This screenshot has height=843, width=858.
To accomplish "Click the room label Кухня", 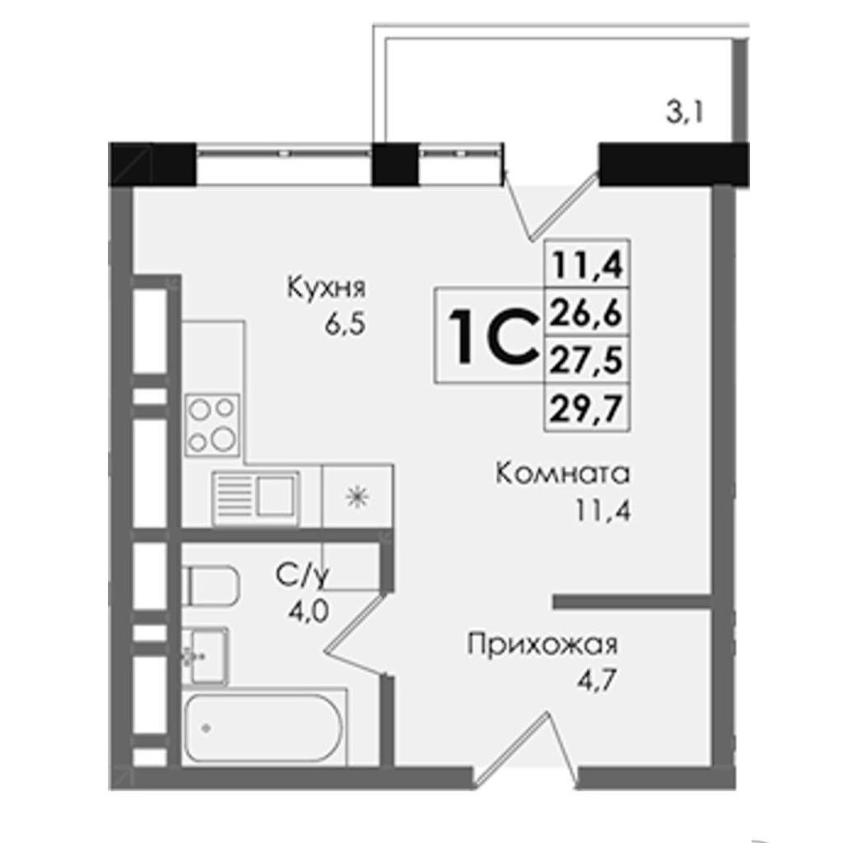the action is pyautogui.click(x=326, y=288).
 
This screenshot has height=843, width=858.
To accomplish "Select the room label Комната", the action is pyautogui.click(x=563, y=473).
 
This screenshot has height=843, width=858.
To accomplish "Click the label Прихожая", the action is pyautogui.click(x=543, y=645).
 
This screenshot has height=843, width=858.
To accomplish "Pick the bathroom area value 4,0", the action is pyautogui.click(x=309, y=612).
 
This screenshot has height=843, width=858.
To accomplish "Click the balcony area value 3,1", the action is pyautogui.click(x=684, y=114).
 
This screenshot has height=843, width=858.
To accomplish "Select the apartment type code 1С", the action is pyautogui.click(x=491, y=335).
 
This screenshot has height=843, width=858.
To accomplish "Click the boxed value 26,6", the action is pyautogui.click(x=586, y=312).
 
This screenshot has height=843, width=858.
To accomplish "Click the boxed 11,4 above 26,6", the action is pyautogui.click(x=586, y=265).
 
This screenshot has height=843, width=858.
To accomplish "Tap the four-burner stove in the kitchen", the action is pyautogui.click(x=212, y=425).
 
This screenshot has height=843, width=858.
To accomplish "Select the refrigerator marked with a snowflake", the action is pyautogui.click(x=357, y=496).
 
